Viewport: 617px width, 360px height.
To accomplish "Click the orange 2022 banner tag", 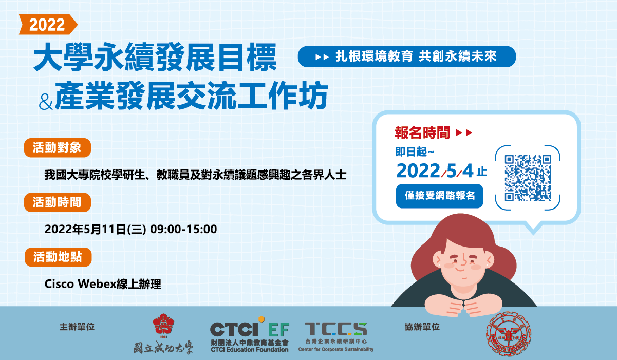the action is [x=48, y=25].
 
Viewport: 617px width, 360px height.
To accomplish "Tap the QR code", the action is [x=528, y=178].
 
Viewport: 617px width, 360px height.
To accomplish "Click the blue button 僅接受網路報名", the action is [x=439, y=196].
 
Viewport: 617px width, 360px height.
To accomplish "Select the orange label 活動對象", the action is [x=58, y=147].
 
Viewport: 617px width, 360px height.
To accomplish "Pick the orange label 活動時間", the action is [x=58, y=202].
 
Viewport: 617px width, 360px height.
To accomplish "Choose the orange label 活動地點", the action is [x=58, y=257].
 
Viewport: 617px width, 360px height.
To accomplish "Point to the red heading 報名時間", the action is [x=422, y=133].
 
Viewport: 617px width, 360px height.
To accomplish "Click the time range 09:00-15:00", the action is [x=183, y=229].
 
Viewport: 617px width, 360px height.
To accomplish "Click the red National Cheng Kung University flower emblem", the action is [x=163, y=324].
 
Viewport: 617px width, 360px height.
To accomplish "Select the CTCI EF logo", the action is [x=249, y=334].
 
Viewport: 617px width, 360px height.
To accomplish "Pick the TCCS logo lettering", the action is [x=336, y=329].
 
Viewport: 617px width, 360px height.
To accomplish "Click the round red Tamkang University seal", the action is [x=509, y=334].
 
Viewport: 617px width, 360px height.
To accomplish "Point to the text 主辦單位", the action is [x=77, y=327].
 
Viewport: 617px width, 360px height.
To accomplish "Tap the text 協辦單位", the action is [x=422, y=327].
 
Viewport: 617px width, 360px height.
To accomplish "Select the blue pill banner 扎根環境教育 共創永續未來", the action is [x=406, y=56].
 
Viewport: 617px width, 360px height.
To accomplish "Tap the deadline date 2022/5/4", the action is [x=435, y=171].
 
